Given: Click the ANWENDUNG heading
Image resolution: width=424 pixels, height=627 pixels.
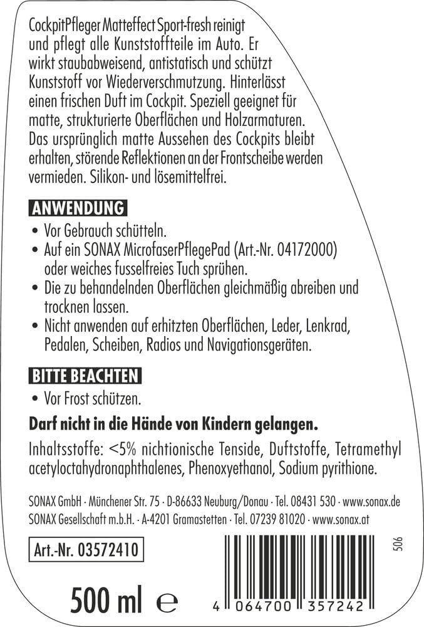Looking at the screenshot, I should click(x=78, y=208).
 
